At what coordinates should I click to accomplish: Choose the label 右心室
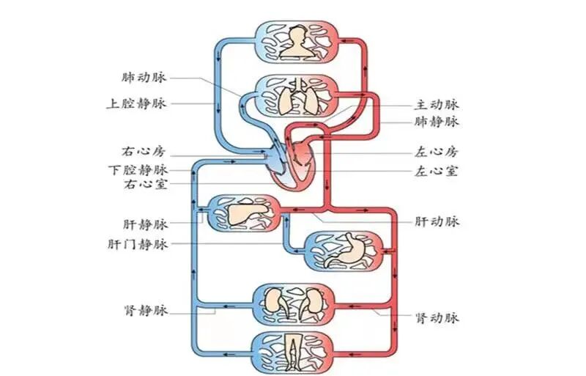(144, 184)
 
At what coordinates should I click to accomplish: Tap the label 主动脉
(437, 105)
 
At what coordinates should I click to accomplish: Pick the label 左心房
(437, 154)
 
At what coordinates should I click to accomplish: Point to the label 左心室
(437, 172)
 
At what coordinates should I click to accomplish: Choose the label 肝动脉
(437, 221)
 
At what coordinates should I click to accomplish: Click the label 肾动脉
(437, 318)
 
